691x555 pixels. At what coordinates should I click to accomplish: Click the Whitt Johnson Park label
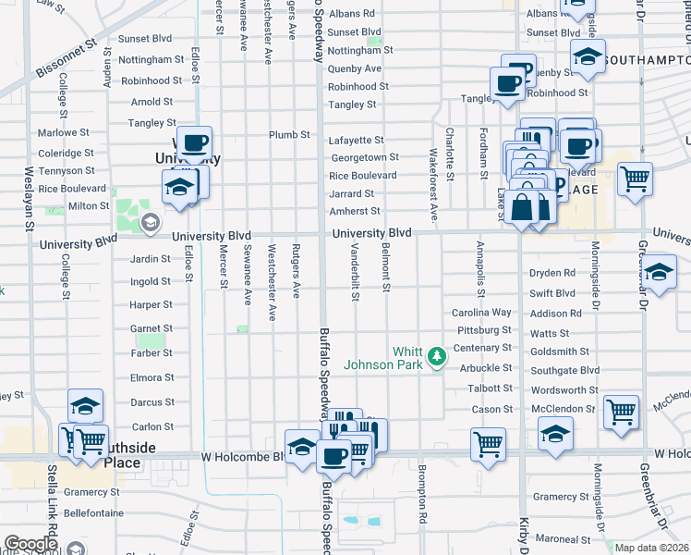coord(382,358)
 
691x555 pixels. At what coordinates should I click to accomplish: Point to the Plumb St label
coord(289,135)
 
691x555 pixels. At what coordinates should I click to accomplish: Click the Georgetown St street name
coord(365,157)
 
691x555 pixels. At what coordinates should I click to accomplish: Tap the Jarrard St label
coord(351,193)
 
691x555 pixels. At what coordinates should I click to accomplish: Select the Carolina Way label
coord(481,313)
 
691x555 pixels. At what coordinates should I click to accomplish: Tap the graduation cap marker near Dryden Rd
coord(658,273)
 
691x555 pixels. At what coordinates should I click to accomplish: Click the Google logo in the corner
coord(30,544)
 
